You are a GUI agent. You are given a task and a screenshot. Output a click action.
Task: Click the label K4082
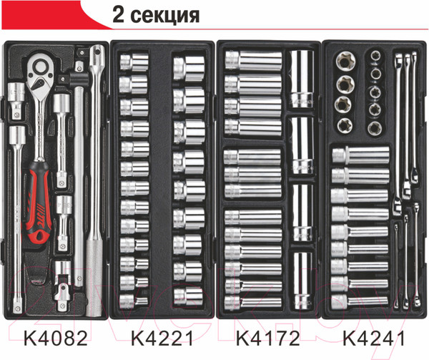(x=56, y=339)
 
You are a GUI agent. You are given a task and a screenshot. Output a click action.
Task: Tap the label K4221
(x=162, y=339)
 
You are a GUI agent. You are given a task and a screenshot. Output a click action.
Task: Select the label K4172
(x=268, y=339)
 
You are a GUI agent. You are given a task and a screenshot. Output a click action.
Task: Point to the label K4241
(x=374, y=339)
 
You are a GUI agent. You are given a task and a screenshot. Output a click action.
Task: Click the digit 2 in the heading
(x=118, y=14)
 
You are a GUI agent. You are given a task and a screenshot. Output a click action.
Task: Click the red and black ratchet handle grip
(x=39, y=201)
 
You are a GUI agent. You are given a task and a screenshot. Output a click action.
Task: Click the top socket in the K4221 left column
(x=134, y=62)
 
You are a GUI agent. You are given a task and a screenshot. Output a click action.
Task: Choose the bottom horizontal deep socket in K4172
(x=253, y=302)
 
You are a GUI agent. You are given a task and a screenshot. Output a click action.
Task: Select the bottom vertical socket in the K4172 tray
(x=302, y=281)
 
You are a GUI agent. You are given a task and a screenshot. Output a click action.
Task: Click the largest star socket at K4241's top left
(x=345, y=62)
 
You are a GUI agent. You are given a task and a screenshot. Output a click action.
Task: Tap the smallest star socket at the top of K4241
(x=375, y=55)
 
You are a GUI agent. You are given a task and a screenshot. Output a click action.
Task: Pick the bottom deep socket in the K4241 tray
(x=360, y=301)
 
